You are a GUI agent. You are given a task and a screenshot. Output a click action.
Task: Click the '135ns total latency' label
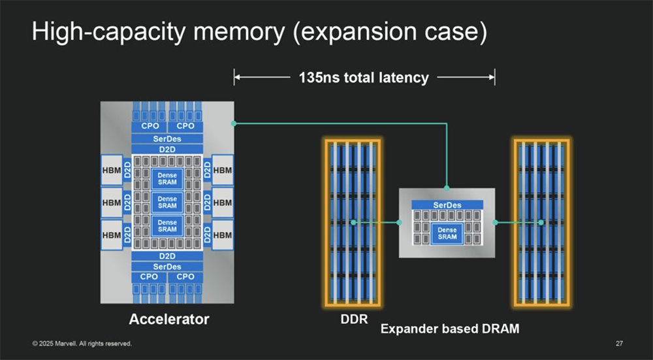pos(364,78)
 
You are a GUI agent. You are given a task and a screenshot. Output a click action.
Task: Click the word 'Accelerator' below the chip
pos(169,319)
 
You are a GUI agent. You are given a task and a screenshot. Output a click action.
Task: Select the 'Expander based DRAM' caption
pos(450,329)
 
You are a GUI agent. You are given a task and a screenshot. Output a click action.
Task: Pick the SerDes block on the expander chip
pos(447,205)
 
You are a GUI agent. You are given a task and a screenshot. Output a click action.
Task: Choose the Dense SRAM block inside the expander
pos(447,233)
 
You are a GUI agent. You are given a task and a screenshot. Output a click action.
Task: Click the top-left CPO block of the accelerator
pos(149,125)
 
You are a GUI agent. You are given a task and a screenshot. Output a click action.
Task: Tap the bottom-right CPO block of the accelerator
pos(185,276)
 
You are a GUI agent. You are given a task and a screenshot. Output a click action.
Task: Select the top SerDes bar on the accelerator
pos(167,139)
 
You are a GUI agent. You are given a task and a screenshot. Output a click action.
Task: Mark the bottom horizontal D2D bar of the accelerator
pos(167,255)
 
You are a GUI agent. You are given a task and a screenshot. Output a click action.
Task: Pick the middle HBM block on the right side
pos(223,203)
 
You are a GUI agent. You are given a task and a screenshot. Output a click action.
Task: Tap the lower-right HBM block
pos(223,235)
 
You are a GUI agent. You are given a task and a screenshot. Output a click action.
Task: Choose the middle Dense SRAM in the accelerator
pos(167,203)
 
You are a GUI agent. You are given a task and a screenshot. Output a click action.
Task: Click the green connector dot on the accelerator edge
pos(233,123)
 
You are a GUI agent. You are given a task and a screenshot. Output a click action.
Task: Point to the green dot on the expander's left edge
pos(399,223)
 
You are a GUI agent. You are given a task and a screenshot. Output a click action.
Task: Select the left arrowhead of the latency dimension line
pos(237,78)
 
